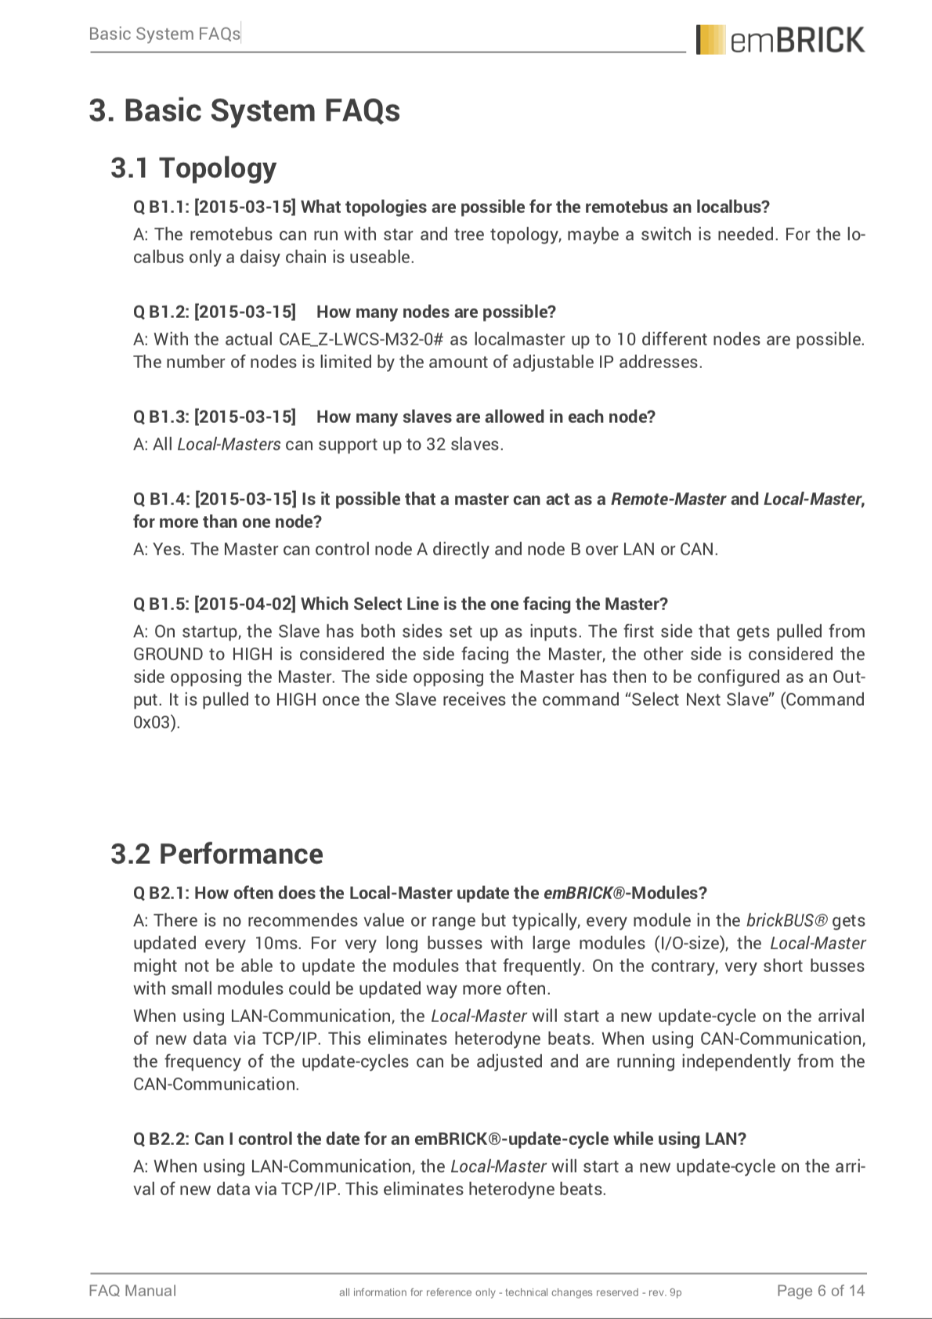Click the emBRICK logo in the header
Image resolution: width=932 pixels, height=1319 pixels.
(780, 40)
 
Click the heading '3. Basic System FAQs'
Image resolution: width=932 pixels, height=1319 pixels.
(244, 110)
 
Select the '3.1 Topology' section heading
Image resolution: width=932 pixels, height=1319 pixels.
(193, 168)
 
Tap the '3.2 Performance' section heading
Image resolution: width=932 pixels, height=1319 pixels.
(216, 854)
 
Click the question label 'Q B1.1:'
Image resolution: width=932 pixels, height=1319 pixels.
(161, 207)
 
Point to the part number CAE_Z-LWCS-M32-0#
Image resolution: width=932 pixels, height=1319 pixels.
(362, 339)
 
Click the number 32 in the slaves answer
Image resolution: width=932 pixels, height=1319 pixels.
(435, 444)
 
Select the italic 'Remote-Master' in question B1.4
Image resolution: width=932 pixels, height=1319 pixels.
(667, 499)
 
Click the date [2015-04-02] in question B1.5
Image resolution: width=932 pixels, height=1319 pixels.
(245, 604)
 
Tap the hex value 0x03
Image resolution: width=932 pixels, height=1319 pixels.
(154, 722)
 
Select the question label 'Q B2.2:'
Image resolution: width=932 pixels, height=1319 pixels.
(161, 1139)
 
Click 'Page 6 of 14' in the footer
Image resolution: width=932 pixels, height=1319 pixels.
(820, 1290)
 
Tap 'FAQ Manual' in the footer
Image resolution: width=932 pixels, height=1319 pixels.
(132, 1290)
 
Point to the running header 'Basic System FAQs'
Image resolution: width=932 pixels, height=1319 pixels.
(164, 34)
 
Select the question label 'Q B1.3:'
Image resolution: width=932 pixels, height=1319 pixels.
(161, 417)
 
